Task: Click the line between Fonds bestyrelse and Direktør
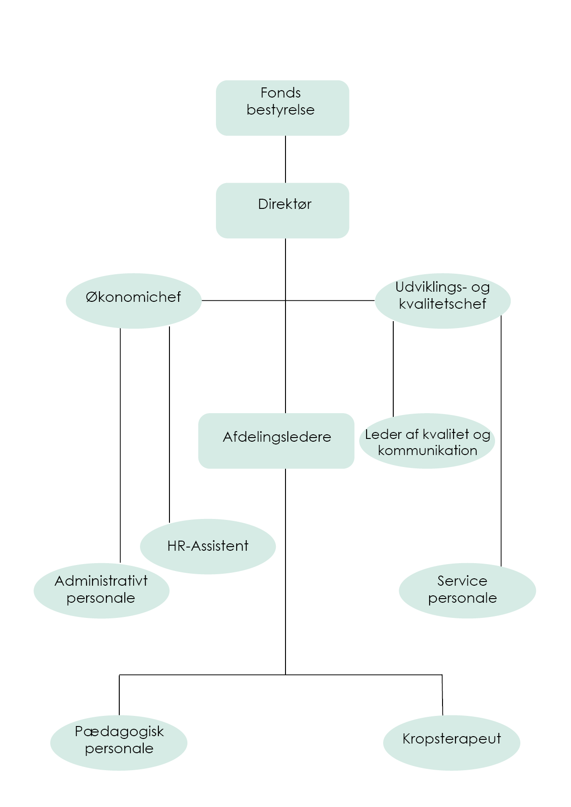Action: click(x=285, y=159)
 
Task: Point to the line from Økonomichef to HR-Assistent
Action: click(x=169, y=423)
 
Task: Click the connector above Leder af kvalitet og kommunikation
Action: click(x=393, y=368)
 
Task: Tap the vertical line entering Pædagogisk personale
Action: click(x=119, y=695)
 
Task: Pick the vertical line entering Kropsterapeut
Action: click(x=443, y=695)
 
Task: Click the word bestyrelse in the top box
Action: click(x=280, y=110)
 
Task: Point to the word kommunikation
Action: click(x=427, y=450)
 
